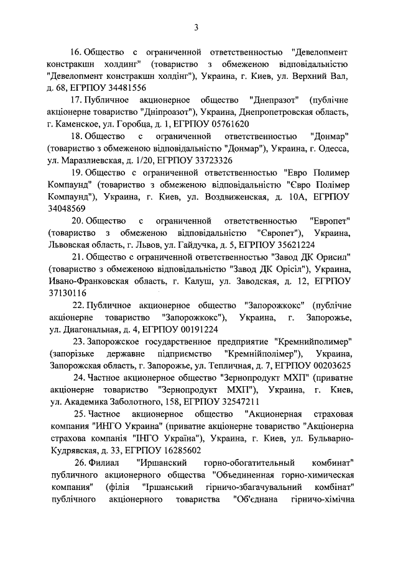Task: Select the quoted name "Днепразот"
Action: tap(274, 101)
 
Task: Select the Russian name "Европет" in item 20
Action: tap(330, 220)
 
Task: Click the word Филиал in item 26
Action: tap(106, 462)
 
